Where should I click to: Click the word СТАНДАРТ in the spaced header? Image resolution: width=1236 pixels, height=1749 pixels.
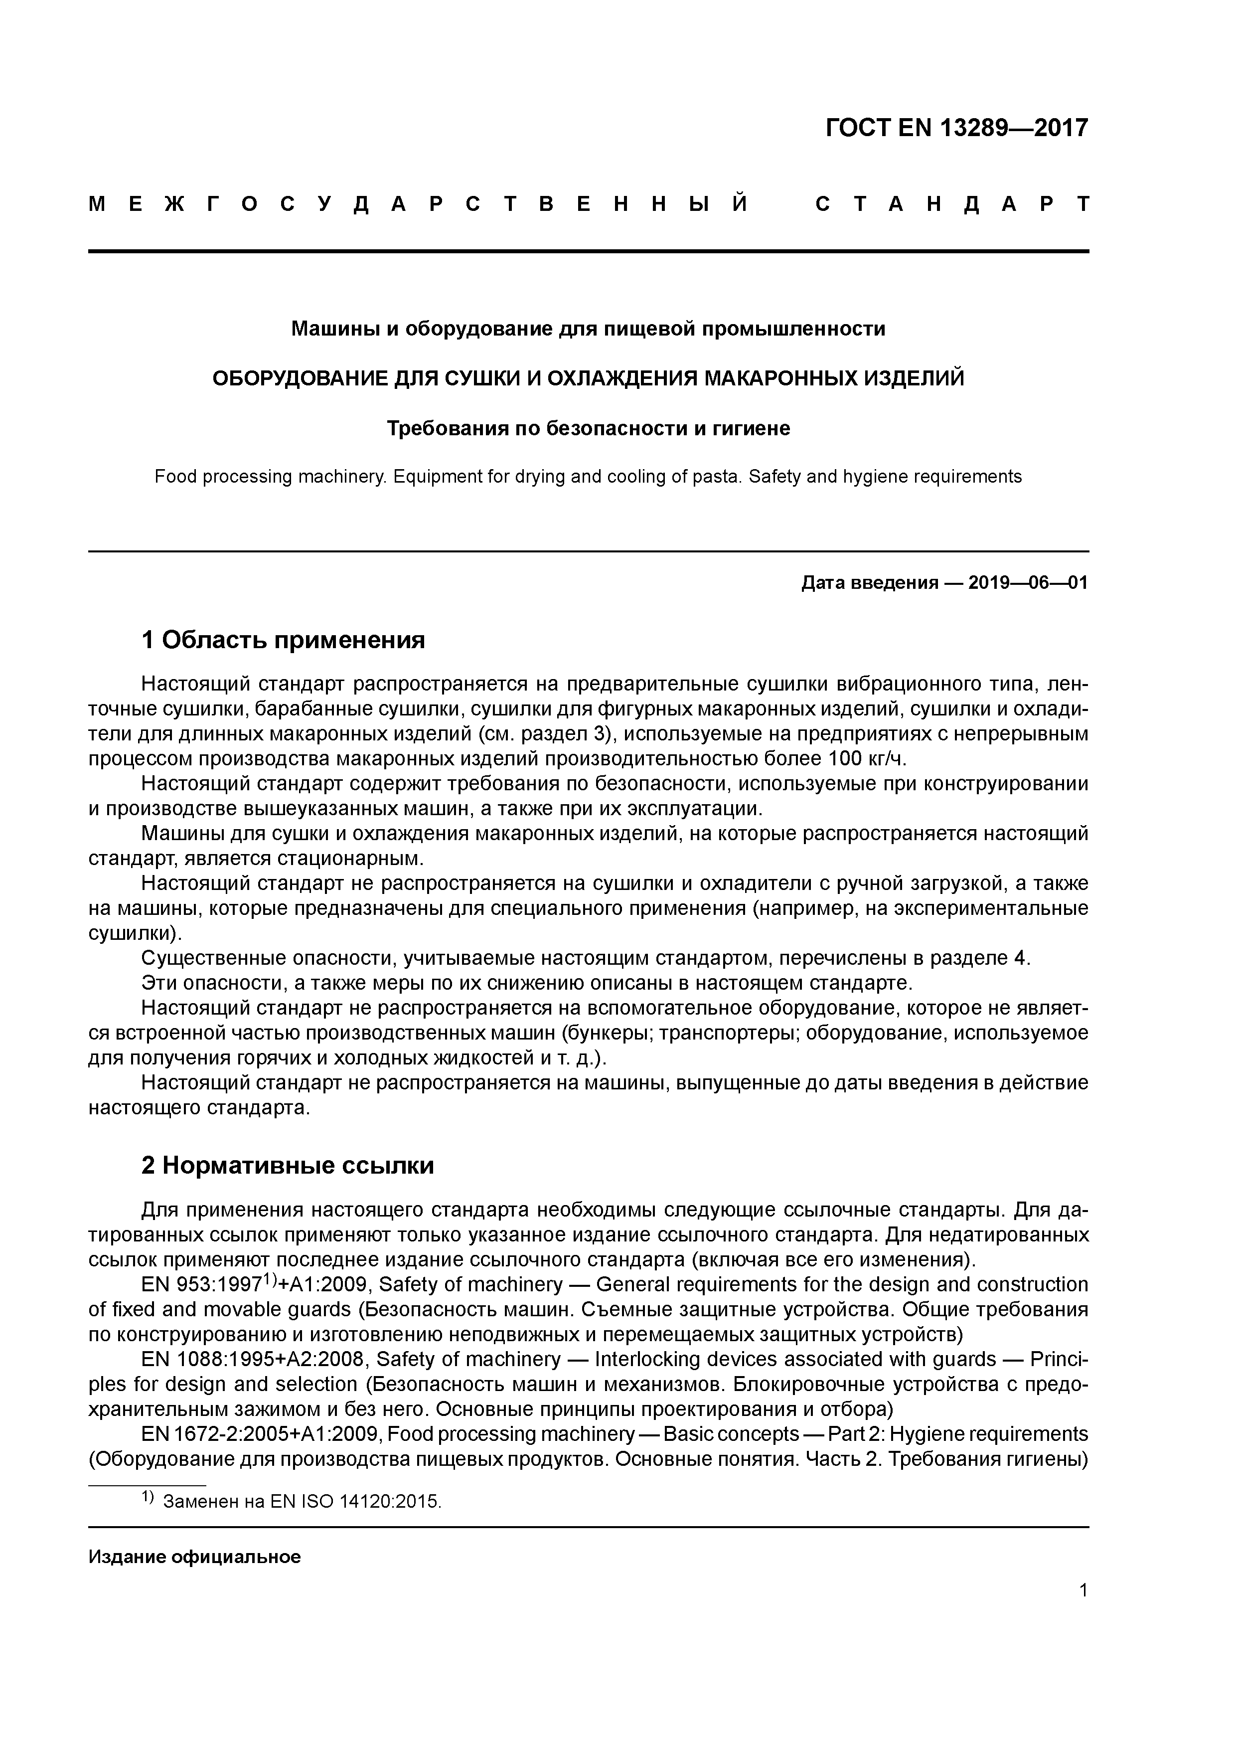[x=951, y=204]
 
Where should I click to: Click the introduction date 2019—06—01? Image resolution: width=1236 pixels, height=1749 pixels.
[x=1027, y=583]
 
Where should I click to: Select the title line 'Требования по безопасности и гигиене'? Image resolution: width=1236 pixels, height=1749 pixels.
[x=588, y=429]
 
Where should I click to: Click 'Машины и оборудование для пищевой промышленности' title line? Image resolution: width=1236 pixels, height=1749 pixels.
[x=588, y=329]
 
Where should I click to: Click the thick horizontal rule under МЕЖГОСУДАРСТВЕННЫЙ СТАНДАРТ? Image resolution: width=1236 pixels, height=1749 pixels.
[x=588, y=251]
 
